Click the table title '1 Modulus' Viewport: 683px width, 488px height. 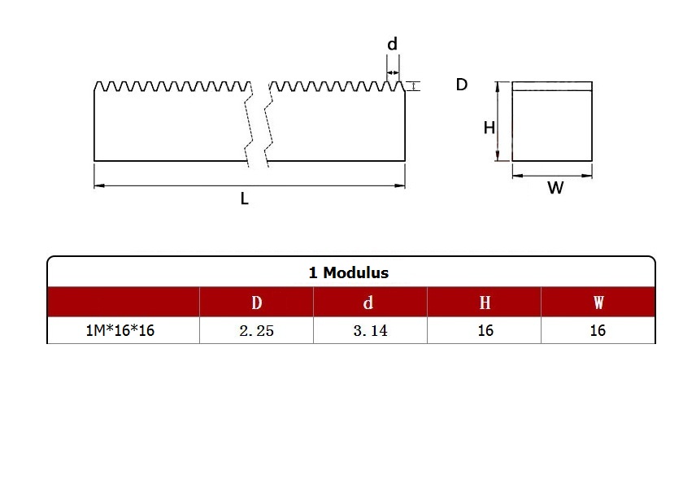click(x=349, y=272)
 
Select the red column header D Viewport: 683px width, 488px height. click(x=257, y=303)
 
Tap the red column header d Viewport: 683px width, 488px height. click(x=368, y=303)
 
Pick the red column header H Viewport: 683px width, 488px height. click(x=485, y=303)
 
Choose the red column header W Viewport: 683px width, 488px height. click(x=598, y=303)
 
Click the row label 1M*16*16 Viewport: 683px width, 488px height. click(x=120, y=330)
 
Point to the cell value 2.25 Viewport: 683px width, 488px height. click(x=257, y=331)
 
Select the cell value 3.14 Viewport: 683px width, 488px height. click(x=370, y=331)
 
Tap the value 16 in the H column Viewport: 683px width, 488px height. click(x=485, y=330)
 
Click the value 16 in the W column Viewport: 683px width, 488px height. click(x=598, y=330)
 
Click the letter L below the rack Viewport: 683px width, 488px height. click(x=245, y=198)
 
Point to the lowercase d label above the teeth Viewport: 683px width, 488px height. click(x=393, y=44)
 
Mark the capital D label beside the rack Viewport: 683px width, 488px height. click(x=462, y=85)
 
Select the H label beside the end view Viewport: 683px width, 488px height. click(x=489, y=128)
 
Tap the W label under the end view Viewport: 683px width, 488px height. click(x=555, y=188)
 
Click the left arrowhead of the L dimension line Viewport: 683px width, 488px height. click(x=99, y=185)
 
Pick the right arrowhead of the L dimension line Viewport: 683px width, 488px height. click(x=400, y=185)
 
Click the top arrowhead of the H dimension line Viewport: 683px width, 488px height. click(x=497, y=86)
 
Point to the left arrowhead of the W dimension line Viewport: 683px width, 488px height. click(x=517, y=176)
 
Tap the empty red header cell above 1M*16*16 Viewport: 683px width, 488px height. click(x=124, y=302)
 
